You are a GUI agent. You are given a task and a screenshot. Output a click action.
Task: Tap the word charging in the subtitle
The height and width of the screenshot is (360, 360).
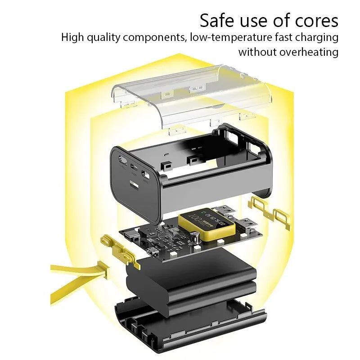317,37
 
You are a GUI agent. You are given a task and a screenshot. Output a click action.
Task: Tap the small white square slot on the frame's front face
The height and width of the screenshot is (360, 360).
134,184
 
